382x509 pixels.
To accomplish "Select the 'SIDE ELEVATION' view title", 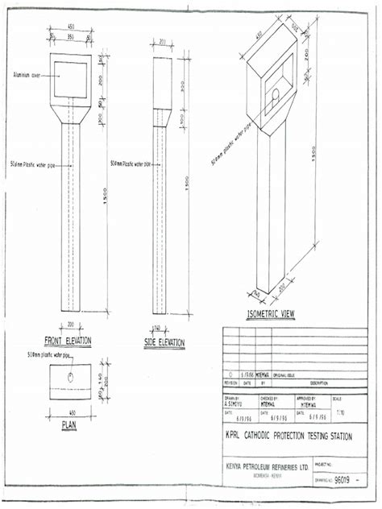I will (164, 342).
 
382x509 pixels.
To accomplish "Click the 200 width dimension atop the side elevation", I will (164, 42).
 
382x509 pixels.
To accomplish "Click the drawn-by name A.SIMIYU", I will (233, 405).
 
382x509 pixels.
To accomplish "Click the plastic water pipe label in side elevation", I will (130, 163).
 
